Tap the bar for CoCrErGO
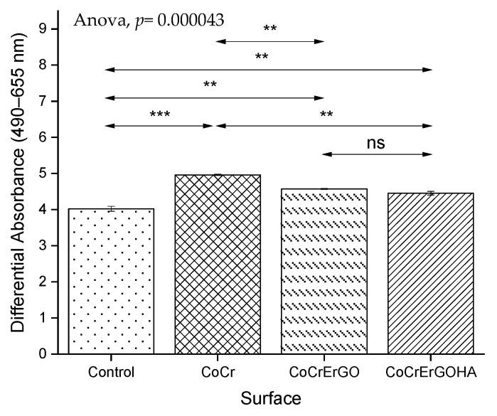[x=324, y=271]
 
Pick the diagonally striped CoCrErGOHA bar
[x=432, y=273]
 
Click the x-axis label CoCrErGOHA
[x=432, y=371]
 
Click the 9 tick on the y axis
[x=47, y=29]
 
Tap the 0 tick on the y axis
[x=47, y=353]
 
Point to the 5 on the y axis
[x=47, y=174]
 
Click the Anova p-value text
[x=149, y=20]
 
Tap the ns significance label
[x=375, y=143]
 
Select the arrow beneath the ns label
[x=378, y=154]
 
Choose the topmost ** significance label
[x=270, y=29]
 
